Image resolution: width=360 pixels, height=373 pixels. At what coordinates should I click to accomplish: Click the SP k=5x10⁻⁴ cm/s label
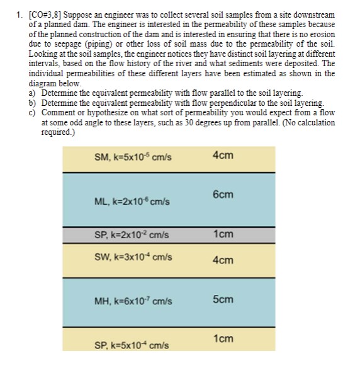point(131,345)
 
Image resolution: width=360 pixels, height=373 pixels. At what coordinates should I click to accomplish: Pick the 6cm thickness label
point(223,195)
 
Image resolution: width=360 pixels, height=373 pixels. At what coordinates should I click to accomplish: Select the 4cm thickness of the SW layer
point(223,260)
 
